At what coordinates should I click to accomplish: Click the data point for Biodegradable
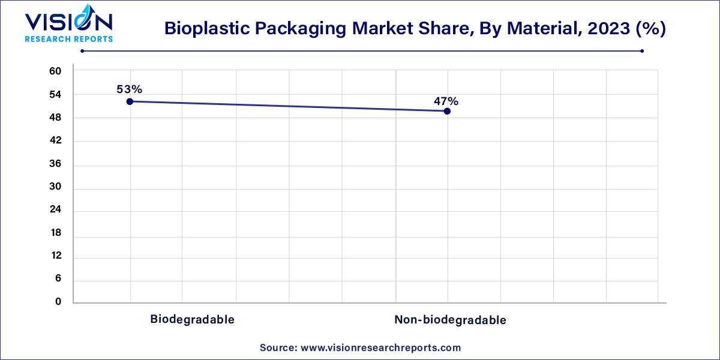click(130, 101)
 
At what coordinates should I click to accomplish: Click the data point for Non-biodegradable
click(447, 111)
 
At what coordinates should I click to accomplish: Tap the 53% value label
click(130, 89)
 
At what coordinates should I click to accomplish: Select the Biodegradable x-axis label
click(192, 319)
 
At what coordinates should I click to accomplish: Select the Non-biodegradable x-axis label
click(450, 320)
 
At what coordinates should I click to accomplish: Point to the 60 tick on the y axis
click(55, 71)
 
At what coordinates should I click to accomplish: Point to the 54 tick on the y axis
click(55, 95)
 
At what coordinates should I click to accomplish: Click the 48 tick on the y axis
click(55, 118)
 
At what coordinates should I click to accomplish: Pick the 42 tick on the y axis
click(55, 141)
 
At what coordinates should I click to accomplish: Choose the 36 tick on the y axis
click(55, 164)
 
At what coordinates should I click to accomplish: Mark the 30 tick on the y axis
click(55, 187)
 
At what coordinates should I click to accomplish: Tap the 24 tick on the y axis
click(55, 211)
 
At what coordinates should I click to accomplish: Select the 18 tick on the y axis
click(55, 233)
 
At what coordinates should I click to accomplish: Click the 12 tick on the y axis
click(55, 257)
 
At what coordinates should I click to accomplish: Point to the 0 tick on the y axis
click(58, 302)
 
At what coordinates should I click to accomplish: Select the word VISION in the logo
click(68, 22)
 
